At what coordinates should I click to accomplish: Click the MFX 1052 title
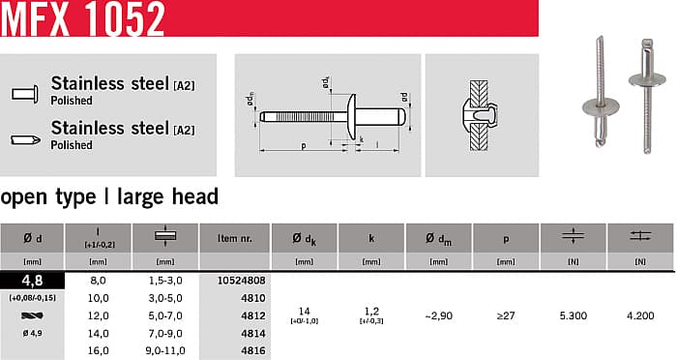click(83, 18)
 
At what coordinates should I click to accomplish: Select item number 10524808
click(242, 281)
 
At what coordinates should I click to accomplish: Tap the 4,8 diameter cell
click(32, 281)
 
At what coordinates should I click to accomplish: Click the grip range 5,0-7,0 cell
click(165, 315)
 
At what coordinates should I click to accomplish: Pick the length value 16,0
click(98, 350)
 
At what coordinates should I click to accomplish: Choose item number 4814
click(253, 333)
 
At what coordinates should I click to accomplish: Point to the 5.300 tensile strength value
click(574, 315)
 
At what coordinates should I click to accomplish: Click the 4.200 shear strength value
click(640, 315)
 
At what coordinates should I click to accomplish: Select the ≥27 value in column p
click(506, 315)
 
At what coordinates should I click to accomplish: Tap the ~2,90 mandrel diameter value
click(439, 315)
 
